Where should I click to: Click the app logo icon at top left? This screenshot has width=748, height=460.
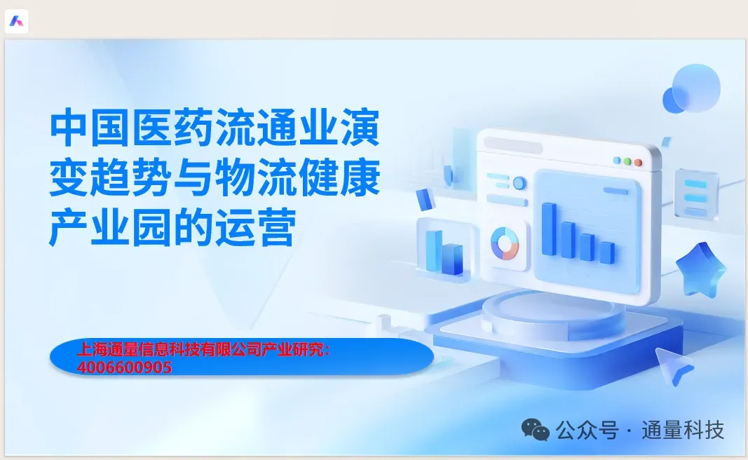pyautogui.click(x=16, y=22)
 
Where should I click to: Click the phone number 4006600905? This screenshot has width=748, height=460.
pyautogui.click(x=124, y=367)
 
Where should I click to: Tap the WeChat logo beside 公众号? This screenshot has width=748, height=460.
pyautogui.click(x=535, y=429)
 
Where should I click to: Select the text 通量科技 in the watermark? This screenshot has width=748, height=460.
pyautogui.click(x=683, y=430)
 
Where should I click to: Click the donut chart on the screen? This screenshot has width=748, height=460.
pyautogui.click(x=505, y=244)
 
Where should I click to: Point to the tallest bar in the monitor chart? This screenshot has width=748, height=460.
pyautogui.click(x=549, y=229)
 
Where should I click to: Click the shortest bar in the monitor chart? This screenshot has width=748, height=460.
pyautogui.click(x=607, y=252)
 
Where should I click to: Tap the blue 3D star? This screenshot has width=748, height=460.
pyautogui.click(x=700, y=269)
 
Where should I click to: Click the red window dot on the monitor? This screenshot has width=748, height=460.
pyautogui.click(x=638, y=163)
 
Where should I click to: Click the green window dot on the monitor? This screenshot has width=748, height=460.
pyautogui.click(x=627, y=161)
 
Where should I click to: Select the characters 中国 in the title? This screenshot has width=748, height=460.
pyautogui.click(x=90, y=128)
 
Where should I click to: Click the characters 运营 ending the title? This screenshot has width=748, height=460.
pyautogui.click(x=255, y=227)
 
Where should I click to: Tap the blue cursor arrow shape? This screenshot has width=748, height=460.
pyautogui.click(x=672, y=365)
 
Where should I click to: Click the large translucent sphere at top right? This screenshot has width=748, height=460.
pyautogui.click(x=696, y=88)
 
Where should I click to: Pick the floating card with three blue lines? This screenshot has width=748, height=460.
pyautogui.click(x=696, y=195)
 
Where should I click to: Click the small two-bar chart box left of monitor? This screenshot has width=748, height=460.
pyautogui.click(x=445, y=248)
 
